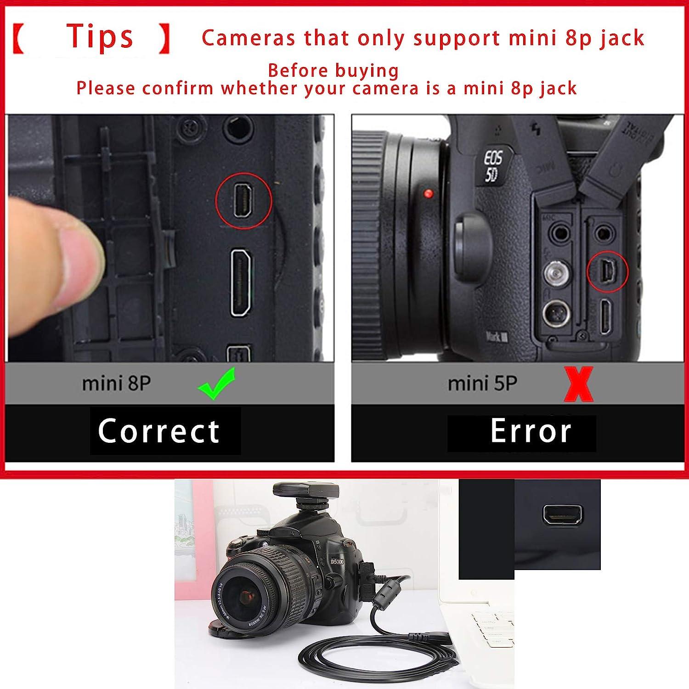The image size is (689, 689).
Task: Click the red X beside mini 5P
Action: tap(578, 384)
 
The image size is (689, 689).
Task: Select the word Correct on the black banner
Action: tap(159, 431)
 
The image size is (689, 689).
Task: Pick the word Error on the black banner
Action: tap(531, 431)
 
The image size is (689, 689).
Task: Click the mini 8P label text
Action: tap(116, 384)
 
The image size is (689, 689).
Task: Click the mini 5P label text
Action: tap(482, 384)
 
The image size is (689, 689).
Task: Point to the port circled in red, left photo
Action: tap(243, 201)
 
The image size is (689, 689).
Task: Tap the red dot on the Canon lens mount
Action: tap(429, 193)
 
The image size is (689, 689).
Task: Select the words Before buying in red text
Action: tap(333, 71)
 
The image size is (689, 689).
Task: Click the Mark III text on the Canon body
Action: tap(497, 337)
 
